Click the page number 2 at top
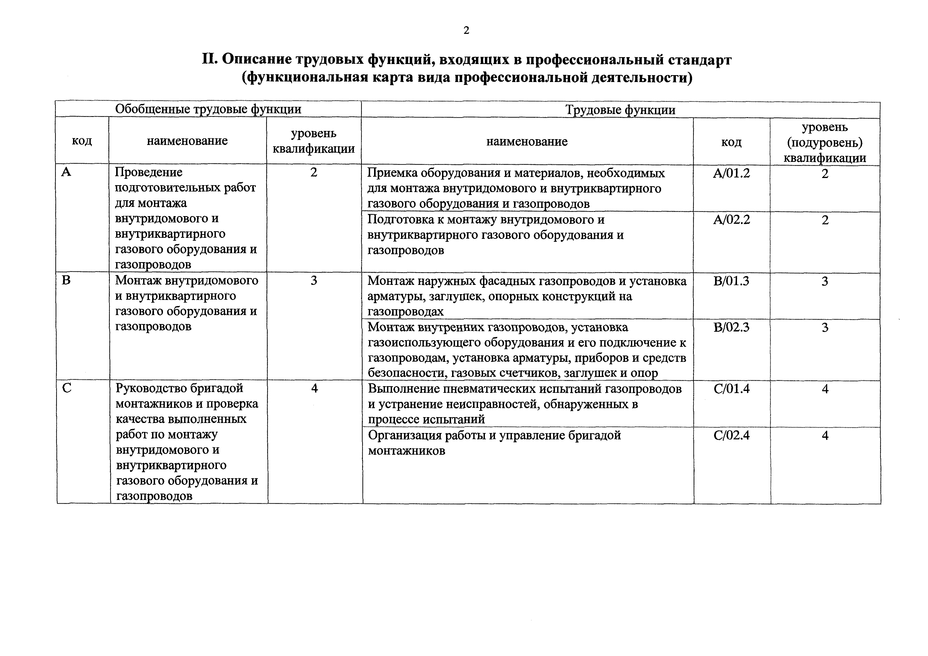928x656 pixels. [466, 31]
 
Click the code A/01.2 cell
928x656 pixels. [731, 174]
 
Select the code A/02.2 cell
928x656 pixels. [731, 220]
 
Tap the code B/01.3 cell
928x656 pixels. [731, 281]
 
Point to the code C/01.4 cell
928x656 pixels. [731, 389]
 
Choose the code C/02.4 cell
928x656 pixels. [731, 435]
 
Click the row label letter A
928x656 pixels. [66, 172]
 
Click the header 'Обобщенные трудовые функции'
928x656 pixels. [208, 109]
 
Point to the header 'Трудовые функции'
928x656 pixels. [620, 110]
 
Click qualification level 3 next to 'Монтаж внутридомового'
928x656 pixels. [314, 280]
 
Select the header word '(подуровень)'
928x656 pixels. [825, 143]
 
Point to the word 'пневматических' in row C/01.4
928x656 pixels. [473, 389]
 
